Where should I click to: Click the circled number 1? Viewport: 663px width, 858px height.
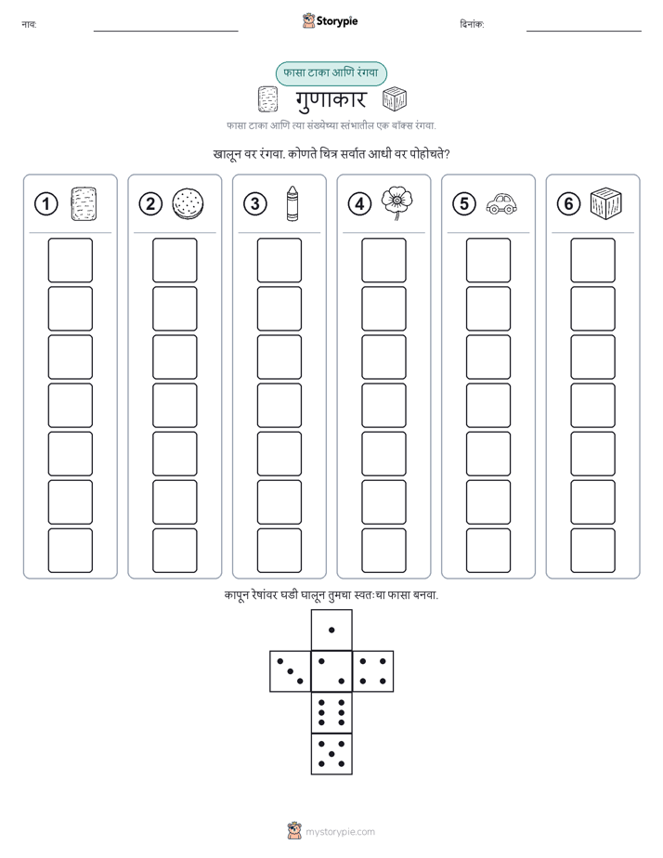45,204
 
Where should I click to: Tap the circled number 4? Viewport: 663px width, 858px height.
359,204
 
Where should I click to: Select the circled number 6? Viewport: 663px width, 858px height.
568,204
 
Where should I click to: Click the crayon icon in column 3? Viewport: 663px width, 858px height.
292,203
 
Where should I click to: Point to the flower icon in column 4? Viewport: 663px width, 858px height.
397,203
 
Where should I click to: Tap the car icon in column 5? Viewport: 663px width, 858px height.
501,203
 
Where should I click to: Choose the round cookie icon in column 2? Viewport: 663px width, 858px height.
188,203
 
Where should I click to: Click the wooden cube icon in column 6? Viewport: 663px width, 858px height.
606,203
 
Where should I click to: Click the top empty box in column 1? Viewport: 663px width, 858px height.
70,260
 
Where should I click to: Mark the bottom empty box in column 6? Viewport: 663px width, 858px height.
592,551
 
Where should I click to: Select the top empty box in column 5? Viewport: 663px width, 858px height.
487,260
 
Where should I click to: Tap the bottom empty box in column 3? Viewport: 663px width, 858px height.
279,551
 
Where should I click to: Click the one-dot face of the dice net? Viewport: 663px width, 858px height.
331,630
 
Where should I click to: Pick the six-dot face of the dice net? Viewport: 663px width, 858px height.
331,712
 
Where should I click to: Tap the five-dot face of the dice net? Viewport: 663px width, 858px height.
331,753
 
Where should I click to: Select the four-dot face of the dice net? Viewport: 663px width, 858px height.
373,671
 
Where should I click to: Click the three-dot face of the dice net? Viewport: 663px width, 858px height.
291,671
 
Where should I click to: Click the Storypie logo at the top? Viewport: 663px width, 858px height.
330,20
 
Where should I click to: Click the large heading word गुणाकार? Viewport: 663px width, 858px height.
331,99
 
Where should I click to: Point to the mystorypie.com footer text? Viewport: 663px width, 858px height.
340,832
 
